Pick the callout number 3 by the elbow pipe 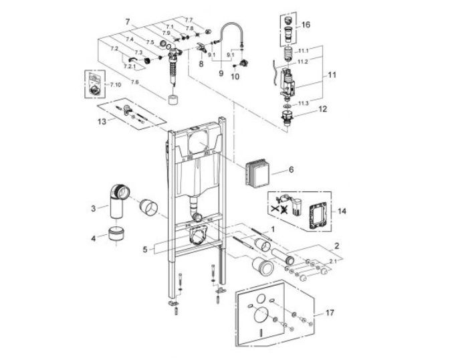(x=94, y=209)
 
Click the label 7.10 (x=115, y=86)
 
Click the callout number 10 (x=234, y=76)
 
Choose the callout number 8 (x=200, y=64)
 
